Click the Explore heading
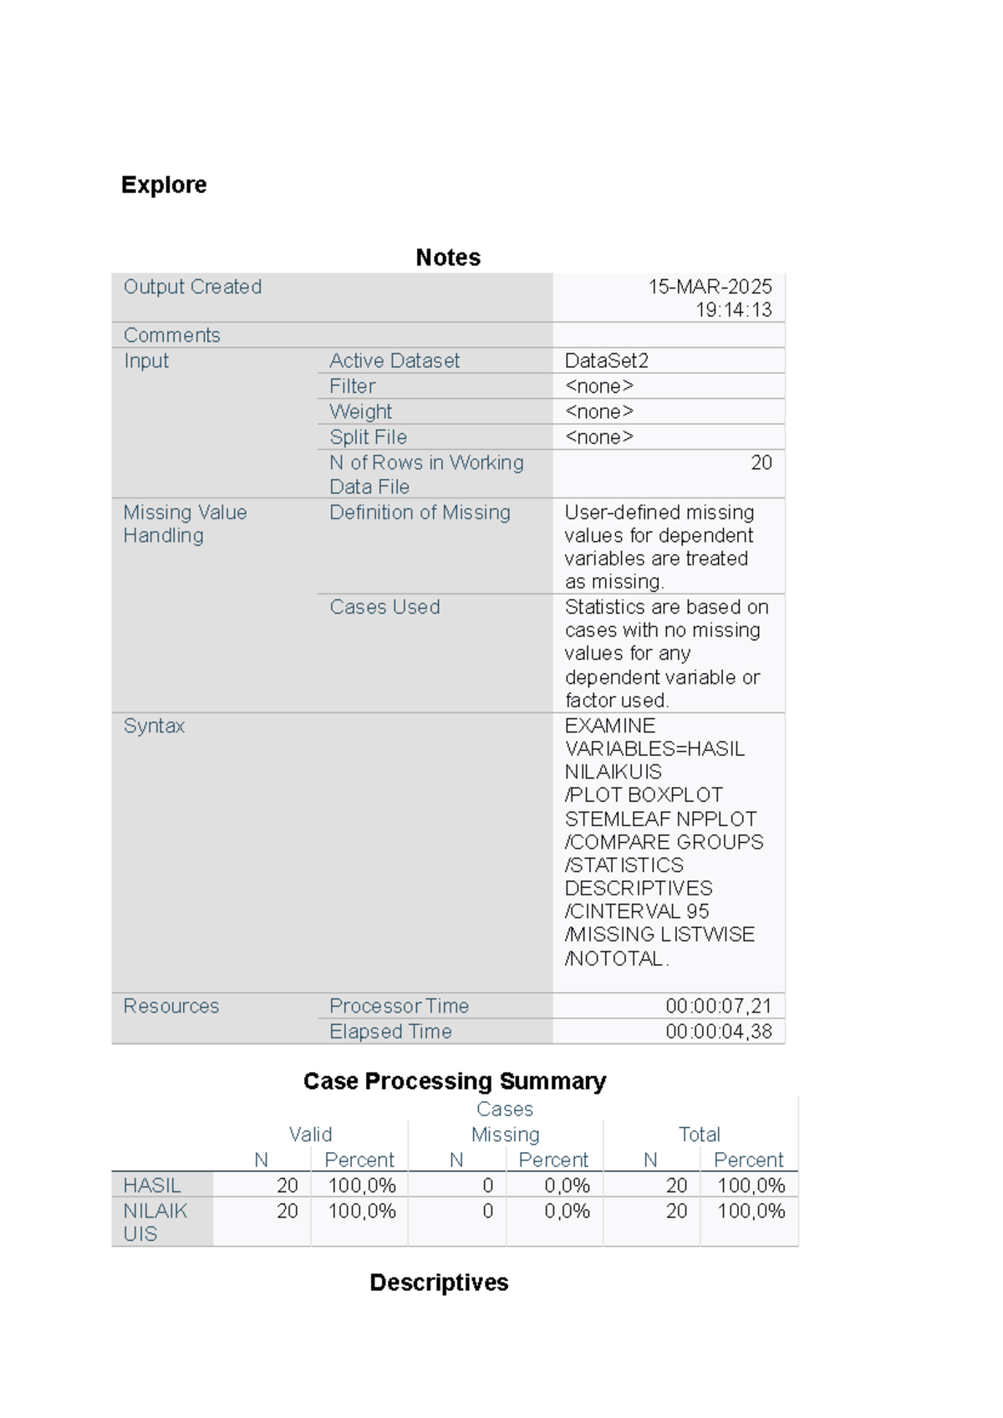tap(164, 185)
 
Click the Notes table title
tap(448, 258)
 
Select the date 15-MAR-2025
tap(710, 287)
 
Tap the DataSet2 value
tap(607, 360)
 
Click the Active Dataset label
tap(395, 360)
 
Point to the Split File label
tap(368, 437)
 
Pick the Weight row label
tap(360, 411)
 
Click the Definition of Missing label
tap(420, 513)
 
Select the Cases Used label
tap(384, 607)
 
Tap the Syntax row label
tap(154, 726)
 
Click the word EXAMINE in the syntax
tap(610, 726)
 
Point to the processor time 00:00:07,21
tap(718, 1006)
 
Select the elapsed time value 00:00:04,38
tap(718, 1032)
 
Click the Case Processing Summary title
tap(454, 1081)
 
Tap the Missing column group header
tap(505, 1135)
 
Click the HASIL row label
tap(152, 1186)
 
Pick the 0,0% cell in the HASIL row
tap(567, 1186)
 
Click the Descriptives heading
tap(439, 1283)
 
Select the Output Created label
tap(192, 287)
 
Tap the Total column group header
tap(699, 1135)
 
